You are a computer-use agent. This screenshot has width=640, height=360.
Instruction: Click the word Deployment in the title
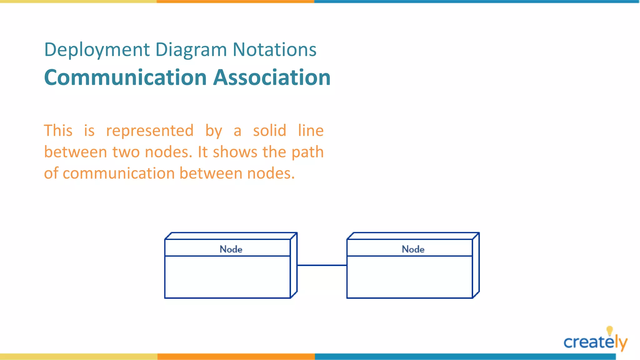pos(97,50)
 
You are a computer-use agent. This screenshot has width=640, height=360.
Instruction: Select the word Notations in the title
pos(274,50)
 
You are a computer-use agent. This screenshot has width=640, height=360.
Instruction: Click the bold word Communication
pos(125,77)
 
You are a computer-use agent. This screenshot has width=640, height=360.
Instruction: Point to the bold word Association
pos(272,77)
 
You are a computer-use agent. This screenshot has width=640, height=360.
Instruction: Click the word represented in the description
pos(150,131)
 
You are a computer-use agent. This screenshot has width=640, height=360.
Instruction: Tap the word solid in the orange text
pos(269,131)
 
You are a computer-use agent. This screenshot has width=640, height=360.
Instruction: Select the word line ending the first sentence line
pos(311,131)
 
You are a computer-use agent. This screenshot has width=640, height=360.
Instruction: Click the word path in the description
pos(307,152)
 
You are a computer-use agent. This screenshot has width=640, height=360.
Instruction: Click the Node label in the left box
pos(231,249)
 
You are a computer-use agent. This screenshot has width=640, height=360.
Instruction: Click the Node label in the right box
pos(413,249)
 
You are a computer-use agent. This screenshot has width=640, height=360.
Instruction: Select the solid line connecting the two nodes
pos(322,265)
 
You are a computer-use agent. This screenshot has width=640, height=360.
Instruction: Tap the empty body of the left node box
pos(227,277)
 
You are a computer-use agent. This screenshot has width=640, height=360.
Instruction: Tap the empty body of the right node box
pos(410,277)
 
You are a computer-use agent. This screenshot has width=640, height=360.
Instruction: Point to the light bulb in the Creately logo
pos(609,330)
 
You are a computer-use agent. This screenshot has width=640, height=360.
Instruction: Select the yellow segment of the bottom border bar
pos(78,357)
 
